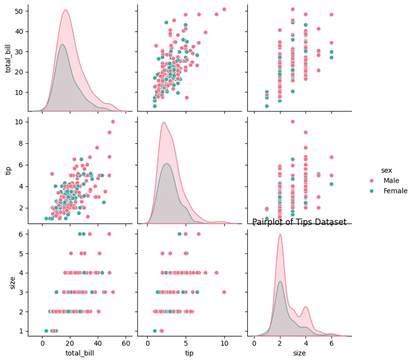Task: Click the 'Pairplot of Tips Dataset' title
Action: coord(299,222)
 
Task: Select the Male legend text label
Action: coord(391,181)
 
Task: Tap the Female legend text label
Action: coord(395,191)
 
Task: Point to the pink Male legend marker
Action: coord(372,181)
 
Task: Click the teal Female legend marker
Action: coord(372,191)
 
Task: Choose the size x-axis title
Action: coord(299,353)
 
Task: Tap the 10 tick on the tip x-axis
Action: coord(224,343)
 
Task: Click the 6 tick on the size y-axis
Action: coord(20,234)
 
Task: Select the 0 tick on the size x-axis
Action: coord(254,343)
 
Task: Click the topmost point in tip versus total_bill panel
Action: coord(113,122)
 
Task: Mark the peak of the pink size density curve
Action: coord(280,234)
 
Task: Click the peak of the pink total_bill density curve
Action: coord(66,10)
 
